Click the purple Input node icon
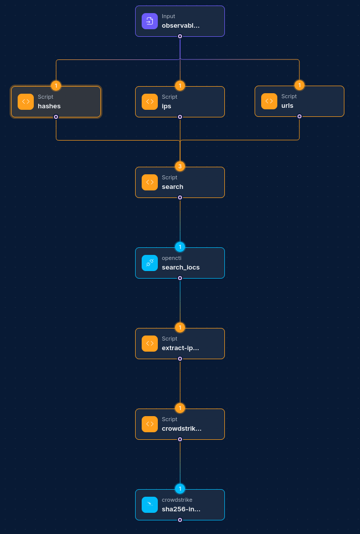[x=150, y=21]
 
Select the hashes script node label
[x=49, y=106]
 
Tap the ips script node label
[x=166, y=106]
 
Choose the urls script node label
[x=287, y=106]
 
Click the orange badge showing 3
[x=180, y=166]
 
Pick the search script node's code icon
[x=150, y=182]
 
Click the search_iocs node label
[x=181, y=268]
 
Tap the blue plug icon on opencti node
[x=150, y=263]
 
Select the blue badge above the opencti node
[x=180, y=247]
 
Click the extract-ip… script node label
[x=181, y=348]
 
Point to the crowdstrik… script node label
[x=182, y=429]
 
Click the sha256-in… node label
[x=181, y=509]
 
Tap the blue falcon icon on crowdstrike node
[x=150, y=505]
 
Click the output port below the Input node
[x=180, y=36]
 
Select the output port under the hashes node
[x=56, y=117]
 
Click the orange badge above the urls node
[x=299, y=85]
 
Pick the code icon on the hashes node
[x=26, y=102]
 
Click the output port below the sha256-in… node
[x=180, y=520]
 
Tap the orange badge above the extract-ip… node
[x=180, y=327]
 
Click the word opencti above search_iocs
[x=171, y=258]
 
